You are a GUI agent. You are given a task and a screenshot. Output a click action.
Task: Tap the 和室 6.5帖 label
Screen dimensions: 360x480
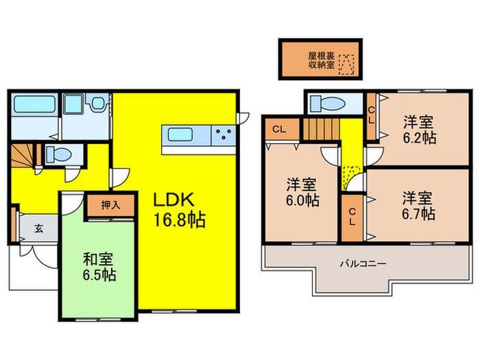coord(99,267)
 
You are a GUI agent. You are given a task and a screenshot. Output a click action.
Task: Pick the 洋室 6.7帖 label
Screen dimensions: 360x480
coord(417,206)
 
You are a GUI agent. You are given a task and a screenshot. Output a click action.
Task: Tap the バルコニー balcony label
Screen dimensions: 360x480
coord(363,263)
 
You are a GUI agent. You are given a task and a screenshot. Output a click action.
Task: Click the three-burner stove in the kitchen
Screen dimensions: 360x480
coord(222,134)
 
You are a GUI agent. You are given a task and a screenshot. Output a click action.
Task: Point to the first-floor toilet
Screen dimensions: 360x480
coord(58,153)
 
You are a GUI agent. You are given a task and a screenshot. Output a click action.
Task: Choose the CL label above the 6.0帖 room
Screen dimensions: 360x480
coord(279,128)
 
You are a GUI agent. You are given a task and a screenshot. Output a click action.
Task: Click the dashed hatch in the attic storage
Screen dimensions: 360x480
coord(350,64)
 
